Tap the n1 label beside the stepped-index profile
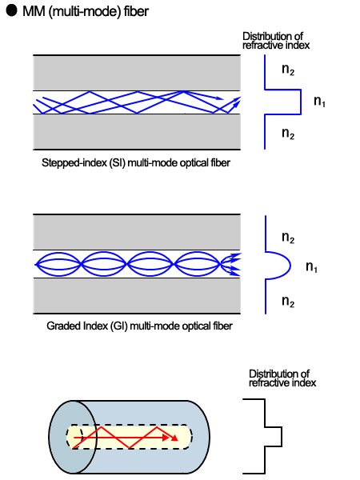click(x=319, y=102)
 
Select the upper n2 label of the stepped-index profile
click(x=288, y=70)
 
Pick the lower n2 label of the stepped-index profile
click(x=288, y=134)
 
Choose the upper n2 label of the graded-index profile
click(x=288, y=238)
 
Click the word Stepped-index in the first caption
click(x=67, y=162)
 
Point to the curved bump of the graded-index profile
click(x=277, y=266)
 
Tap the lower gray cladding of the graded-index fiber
click(x=136, y=294)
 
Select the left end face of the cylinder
click(x=73, y=437)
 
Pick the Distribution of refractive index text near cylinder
click(x=282, y=378)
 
